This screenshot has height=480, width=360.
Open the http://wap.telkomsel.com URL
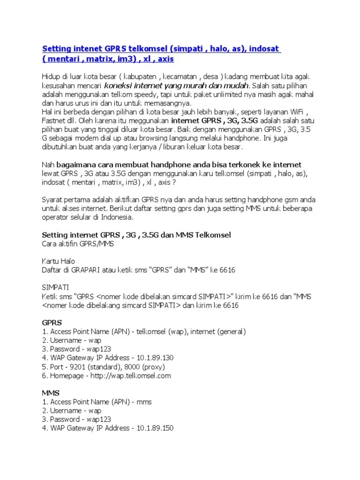tap(131, 375)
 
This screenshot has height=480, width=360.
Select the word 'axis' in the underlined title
tap(168, 60)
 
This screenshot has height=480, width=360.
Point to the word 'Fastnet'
tap(54, 120)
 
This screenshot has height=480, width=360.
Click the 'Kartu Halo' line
tap(59, 261)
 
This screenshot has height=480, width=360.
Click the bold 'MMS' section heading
tap(51, 393)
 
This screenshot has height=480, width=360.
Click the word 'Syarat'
tap(52, 199)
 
